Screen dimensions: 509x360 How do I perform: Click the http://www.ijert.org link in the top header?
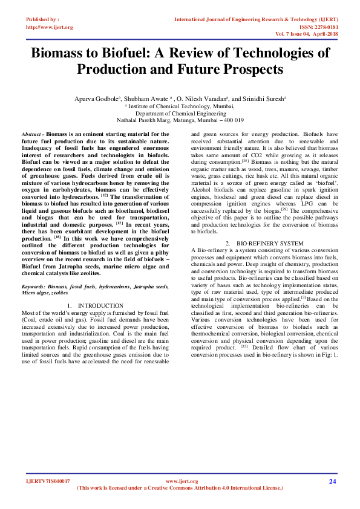(x=49, y=27)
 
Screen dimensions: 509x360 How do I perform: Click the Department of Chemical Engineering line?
(x=180, y=112)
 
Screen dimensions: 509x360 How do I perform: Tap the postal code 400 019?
(x=234, y=120)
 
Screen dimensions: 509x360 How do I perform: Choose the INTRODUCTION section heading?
(x=100, y=306)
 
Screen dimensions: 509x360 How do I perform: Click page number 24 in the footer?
(x=332, y=481)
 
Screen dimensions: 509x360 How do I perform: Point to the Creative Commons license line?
(x=180, y=488)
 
